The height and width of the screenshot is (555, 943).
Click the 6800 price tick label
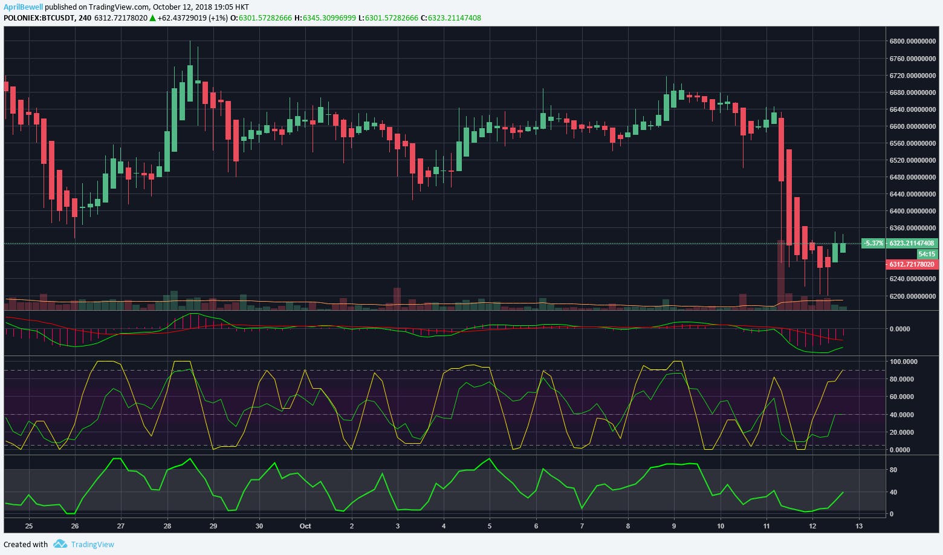912,42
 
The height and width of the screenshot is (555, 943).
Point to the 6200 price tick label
912,296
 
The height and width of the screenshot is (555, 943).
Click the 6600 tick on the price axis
912,126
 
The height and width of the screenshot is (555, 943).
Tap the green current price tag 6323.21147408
912,243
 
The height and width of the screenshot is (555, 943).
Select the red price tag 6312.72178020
912,265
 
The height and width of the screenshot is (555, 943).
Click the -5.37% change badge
873,243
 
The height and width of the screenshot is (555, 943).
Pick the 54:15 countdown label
927,255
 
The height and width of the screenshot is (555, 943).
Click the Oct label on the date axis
305,526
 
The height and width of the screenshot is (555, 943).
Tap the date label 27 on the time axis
121,526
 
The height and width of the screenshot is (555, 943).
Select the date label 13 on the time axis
858,526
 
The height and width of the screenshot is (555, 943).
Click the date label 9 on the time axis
674,526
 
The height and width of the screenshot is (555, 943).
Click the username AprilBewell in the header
24,7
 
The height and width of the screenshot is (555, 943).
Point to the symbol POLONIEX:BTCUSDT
39,18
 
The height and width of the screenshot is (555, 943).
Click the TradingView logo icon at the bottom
60,544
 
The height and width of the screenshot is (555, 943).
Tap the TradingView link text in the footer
92,544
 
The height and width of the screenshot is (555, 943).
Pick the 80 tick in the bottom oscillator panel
893,470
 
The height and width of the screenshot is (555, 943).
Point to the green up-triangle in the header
153,18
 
